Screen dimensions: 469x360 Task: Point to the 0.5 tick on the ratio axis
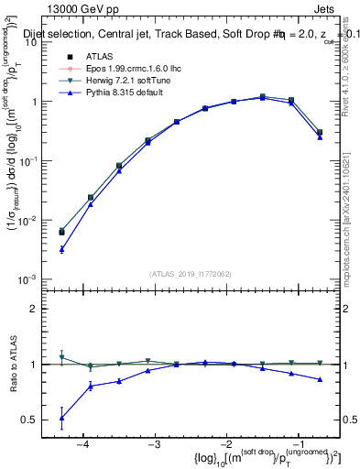point(38,420)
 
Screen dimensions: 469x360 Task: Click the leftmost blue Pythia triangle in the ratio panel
point(61,418)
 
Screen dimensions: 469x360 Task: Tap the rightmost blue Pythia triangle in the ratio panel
point(320,379)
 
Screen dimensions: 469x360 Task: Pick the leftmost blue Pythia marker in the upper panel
point(61,249)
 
